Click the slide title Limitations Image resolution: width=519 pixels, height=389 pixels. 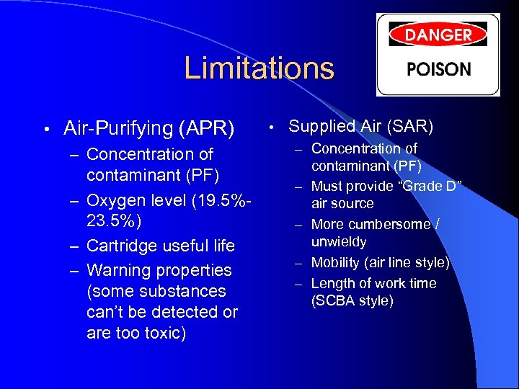tap(259, 68)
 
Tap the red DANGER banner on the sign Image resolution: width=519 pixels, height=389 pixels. tap(438, 34)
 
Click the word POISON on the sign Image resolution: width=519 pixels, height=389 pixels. tap(439, 70)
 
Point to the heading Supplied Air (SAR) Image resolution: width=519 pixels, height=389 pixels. tap(360, 127)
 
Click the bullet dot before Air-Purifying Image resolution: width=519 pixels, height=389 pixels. tap(45, 130)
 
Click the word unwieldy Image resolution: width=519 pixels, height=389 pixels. tap(339, 242)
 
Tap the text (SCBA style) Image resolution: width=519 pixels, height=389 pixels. tap(352, 300)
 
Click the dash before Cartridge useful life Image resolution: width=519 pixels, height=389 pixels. tap(74, 246)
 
